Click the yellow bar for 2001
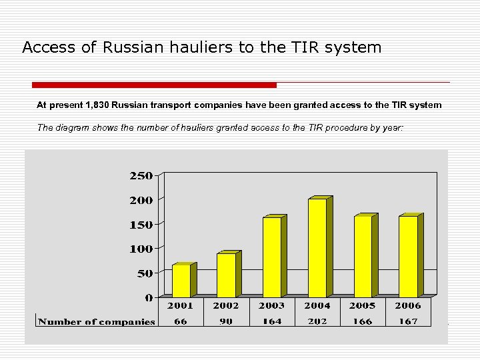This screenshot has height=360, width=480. point(181,281)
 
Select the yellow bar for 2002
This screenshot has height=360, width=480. point(226,275)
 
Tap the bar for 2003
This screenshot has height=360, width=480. point(271,257)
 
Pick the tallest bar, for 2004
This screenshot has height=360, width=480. point(317,248)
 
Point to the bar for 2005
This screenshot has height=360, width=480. point(363,257)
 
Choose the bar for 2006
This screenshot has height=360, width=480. point(408,257)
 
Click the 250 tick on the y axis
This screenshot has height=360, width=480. point(140,175)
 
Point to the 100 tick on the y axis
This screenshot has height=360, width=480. point(140,249)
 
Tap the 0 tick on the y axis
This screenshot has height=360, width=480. point(149,297)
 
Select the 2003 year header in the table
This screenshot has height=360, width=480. point(271,305)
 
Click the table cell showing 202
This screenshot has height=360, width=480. point(317,321)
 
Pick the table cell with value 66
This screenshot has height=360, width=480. point(181,321)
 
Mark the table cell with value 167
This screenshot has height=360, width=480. point(408,321)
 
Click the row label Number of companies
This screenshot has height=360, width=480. point(97,321)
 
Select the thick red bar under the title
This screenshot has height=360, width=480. point(154,85)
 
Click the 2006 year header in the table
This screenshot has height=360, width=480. point(408,305)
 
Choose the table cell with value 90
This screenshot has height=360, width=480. point(227,321)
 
